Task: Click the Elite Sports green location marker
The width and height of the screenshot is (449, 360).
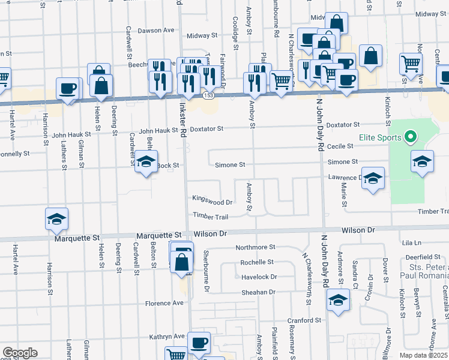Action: [411, 137]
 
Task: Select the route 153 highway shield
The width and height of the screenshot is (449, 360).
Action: [208, 96]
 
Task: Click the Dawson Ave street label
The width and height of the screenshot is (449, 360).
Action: [155, 30]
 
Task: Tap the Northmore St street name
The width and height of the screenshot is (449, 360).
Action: [255, 247]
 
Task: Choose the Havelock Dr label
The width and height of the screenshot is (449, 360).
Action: [259, 277]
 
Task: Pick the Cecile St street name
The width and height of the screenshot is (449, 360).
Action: [340, 146]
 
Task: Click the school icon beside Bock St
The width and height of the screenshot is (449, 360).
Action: [146, 162]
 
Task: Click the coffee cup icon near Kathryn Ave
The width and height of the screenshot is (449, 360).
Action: [199, 344]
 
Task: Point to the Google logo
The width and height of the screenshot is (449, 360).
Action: [19, 353]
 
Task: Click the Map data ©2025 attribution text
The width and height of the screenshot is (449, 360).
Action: [423, 355]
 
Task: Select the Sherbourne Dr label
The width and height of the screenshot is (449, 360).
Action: [205, 271]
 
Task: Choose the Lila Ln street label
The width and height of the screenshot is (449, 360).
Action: [412, 242]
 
